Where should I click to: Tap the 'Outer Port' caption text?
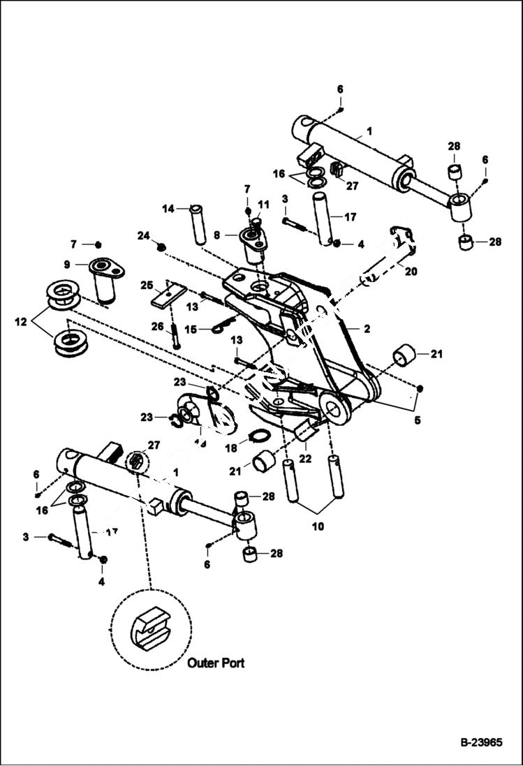tap(216, 663)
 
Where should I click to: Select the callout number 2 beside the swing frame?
tap(367, 328)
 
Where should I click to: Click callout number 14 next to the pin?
tap(168, 208)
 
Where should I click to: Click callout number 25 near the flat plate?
tap(146, 286)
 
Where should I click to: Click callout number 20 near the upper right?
tap(410, 272)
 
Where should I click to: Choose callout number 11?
tap(263, 204)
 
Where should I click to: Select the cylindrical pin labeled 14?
tap(198, 223)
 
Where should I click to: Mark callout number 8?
tap(218, 236)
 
